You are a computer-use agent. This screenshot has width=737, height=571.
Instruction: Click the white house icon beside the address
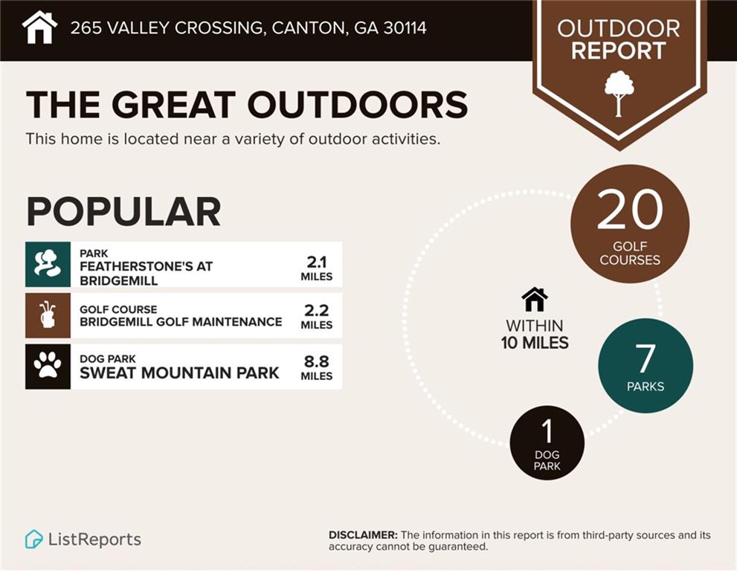[40, 28]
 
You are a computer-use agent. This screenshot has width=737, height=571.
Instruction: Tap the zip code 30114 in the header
[405, 28]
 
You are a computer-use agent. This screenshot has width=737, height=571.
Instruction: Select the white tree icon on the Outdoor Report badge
[619, 94]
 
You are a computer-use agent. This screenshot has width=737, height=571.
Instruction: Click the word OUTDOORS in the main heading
[357, 104]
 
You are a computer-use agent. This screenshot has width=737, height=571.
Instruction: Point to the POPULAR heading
[123, 211]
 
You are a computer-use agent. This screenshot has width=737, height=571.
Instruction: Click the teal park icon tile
[48, 265]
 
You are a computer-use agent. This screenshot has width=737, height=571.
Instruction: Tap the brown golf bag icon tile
[48, 315]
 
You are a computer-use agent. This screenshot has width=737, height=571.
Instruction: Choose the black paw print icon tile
[48, 367]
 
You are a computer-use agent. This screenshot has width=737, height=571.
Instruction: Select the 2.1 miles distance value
[316, 268]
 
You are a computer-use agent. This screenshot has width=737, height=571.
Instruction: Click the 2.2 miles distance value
[316, 317]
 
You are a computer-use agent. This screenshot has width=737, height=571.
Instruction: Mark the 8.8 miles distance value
[316, 367]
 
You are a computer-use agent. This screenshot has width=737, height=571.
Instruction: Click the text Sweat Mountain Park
[179, 372]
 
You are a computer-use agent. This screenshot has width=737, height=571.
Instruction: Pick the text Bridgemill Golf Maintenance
[181, 322]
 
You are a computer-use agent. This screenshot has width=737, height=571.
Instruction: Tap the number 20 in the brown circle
[630, 210]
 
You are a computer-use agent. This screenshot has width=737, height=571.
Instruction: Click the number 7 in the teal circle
[646, 358]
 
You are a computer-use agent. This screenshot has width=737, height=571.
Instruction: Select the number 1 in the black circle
[547, 431]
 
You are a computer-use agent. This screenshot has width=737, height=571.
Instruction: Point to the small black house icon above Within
[535, 300]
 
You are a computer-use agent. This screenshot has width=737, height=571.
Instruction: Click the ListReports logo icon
[33, 539]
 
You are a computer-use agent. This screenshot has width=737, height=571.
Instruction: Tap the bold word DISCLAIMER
[363, 535]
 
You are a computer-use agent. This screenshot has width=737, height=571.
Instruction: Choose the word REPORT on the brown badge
[619, 51]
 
